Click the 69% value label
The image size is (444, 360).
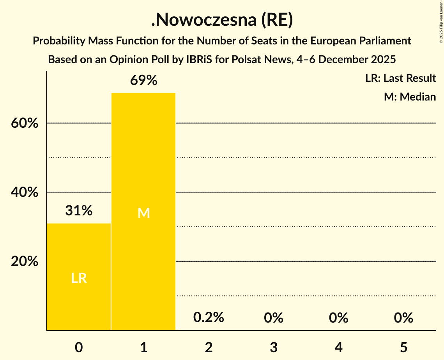pyautogui.click(x=143, y=81)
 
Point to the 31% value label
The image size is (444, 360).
pyautogui.click(x=79, y=211)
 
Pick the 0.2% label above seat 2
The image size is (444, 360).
pyautogui.click(x=209, y=318)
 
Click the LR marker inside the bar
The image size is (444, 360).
pyautogui.click(x=79, y=278)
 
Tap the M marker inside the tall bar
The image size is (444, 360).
pyautogui.click(x=143, y=213)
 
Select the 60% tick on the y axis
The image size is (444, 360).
pyautogui.click(x=25, y=124)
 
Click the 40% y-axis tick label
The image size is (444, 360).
pyautogui.click(x=25, y=192)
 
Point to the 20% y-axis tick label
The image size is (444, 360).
pyautogui.click(x=25, y=261)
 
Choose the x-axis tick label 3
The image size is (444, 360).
pyautogui.click(x=274, y=347)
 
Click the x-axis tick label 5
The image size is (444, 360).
pyautogui.click(x=403, y=347)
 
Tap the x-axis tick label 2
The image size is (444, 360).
pyautogui.click(x=209, y=347)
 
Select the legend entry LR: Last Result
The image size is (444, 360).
pyautogui.click(x=400, y=78)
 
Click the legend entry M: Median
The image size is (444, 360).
pyautogui.click(x=410, y=97)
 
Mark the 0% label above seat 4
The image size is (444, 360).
pyautogui.click(x=338, y=318)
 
